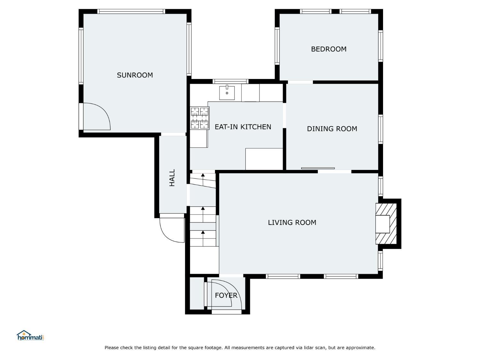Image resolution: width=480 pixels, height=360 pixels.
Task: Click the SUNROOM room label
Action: tap(135, 75)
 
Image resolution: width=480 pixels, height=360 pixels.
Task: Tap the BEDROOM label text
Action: tap(329, 49)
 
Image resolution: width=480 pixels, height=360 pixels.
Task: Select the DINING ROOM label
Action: tap(332, 129)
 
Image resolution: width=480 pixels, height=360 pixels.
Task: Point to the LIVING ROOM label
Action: tap(292, 222)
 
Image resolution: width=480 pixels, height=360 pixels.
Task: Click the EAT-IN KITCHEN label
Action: tap(243, 127)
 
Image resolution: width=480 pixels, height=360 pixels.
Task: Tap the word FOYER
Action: tap(226, 295)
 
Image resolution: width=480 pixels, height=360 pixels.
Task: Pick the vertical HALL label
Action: tap(172, 178)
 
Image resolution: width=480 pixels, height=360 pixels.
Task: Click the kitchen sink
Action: tap(227, 93)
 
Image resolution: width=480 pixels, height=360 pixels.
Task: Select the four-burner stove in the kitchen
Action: tap(199, 118)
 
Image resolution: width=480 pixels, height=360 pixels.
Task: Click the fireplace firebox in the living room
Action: tap(382, 224)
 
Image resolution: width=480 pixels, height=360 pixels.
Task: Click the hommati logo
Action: tap(30, 335)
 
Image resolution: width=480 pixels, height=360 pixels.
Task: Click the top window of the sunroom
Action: tap(131, 12)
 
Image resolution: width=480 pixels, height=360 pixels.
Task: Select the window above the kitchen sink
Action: tap(230, 82)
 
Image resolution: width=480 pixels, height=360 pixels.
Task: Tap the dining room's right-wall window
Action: tap(380, 129)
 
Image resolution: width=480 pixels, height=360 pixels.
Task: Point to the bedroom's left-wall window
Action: tap(277, 46)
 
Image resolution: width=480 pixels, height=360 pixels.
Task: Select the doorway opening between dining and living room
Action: tap(335, 172)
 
